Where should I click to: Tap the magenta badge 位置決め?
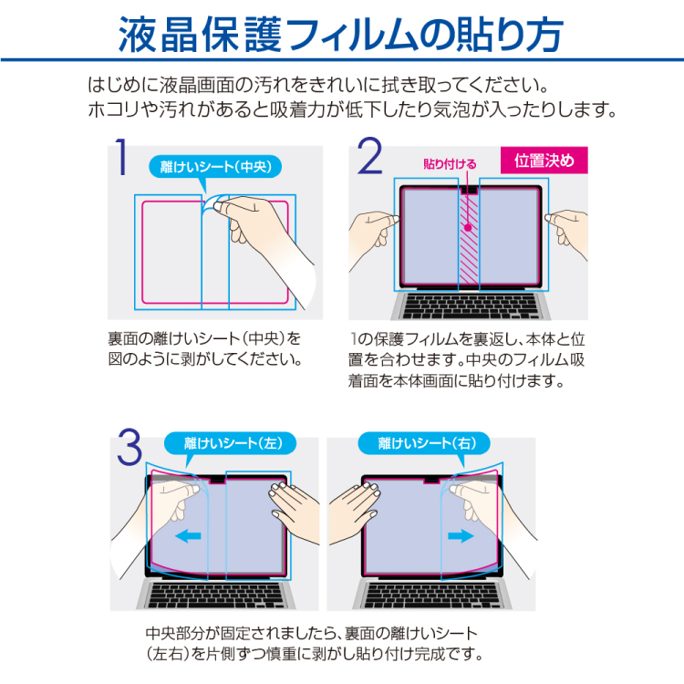pyautogui.click(x=544, y=161)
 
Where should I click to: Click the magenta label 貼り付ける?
pyautogui.click(x=451, y=164)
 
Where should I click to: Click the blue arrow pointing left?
pyautogui.click(x=188, y=536)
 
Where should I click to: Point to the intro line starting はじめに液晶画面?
pyautogui.click(x=316, y=87)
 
